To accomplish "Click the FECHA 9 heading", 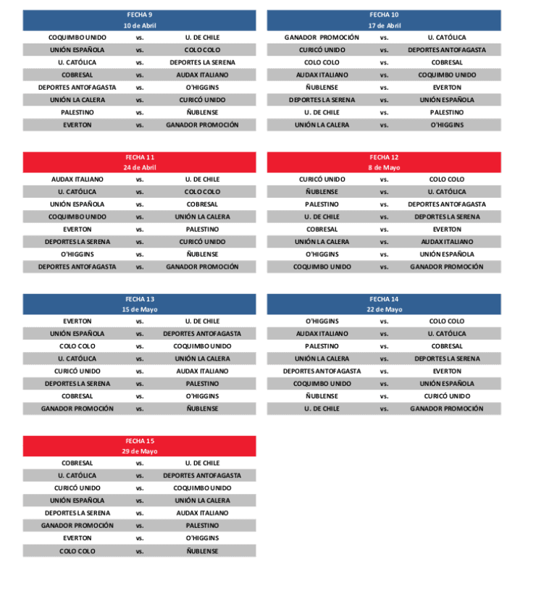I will click(139, 14).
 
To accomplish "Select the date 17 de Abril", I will click(384, 25).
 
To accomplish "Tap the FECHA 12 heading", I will click(384, 157).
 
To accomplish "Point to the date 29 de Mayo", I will click(139, 451).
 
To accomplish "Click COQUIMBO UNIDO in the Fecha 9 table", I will click(78, 37).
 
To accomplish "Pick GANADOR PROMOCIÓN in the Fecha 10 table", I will click(322, 37).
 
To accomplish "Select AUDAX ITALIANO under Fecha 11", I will click(78, 179).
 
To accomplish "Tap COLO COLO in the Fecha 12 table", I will click(447, 179).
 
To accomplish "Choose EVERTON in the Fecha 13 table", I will click(78, 321).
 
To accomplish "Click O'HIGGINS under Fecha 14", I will click(322, 321).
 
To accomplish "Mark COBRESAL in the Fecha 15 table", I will click(78, 463).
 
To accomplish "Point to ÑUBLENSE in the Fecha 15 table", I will click(202, 551).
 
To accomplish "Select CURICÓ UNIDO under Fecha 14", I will click(447, 396).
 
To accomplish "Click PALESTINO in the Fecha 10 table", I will click(447, 112).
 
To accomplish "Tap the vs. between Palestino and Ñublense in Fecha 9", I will click(140, 112).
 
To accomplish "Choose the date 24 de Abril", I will click(139, 167).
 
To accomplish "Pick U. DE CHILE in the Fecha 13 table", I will click(202, 321).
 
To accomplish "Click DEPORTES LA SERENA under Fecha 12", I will click(447, 217).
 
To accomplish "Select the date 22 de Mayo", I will click(384, 309).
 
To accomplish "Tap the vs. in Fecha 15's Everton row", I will click(140, 538).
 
